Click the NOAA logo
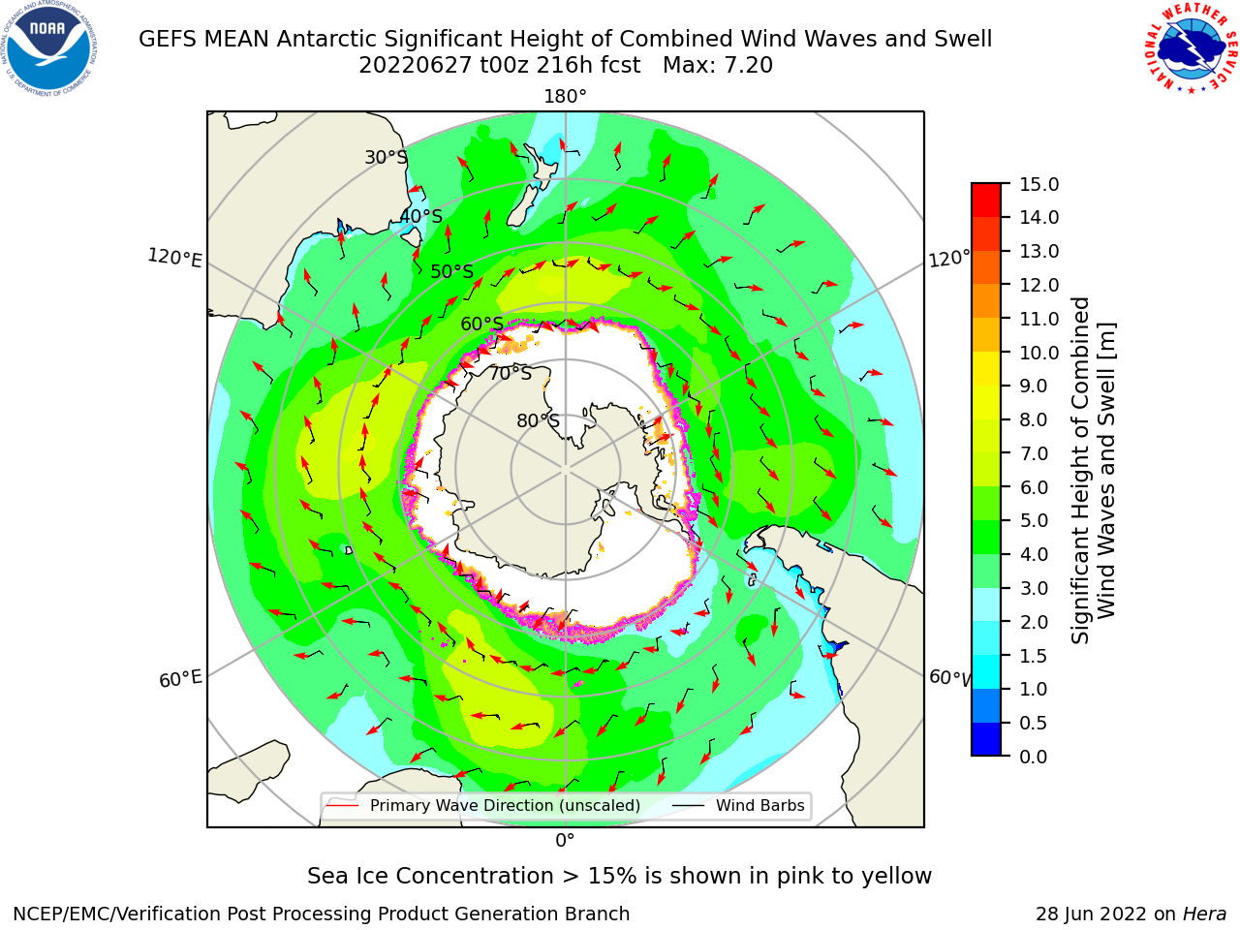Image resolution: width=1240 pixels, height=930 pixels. tap(49, 48)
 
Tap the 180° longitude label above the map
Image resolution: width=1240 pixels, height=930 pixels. tap(565, 97)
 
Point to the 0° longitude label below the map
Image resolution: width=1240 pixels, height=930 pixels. tap(565, 841)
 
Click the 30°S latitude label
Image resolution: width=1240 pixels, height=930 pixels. tap(387, 157)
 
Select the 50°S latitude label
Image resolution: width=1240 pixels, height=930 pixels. tap(452, 271)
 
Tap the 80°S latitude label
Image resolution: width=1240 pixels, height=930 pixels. tap(538, 420)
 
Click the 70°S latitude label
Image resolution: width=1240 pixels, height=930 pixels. tap(511, 373)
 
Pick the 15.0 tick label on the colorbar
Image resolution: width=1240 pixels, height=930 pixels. tap(1038, 184)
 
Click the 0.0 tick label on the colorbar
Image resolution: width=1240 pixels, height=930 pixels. tap(1034, 756)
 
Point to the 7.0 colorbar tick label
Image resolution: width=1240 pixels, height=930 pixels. tap(1034, 453)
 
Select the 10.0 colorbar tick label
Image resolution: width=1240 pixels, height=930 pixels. tap(1038, 353)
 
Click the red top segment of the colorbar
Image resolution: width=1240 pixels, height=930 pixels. tap(986, 200)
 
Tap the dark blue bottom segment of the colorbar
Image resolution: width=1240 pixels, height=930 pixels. tap(986, 739)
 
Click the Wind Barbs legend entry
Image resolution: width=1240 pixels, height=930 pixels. tap(738, 805)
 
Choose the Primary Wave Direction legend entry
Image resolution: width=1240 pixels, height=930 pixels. tap(483, 805)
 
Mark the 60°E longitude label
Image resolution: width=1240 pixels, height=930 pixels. tap(180, 679)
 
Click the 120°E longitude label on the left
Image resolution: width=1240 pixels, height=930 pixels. tap(174, 258)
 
